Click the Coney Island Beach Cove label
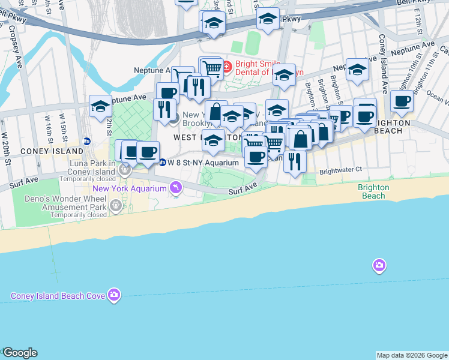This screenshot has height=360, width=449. [58, 295]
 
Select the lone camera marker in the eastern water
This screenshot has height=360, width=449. [379, 265]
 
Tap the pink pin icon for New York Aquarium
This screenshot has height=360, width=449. [175, 188]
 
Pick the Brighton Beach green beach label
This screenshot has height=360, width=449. [373, 191]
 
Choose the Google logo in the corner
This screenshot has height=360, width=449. [20, 353]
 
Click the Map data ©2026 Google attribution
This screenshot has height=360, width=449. [412, 355]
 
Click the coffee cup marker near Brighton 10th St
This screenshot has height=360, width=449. [402, 101]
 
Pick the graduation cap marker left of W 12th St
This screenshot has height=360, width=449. [100, 106]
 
